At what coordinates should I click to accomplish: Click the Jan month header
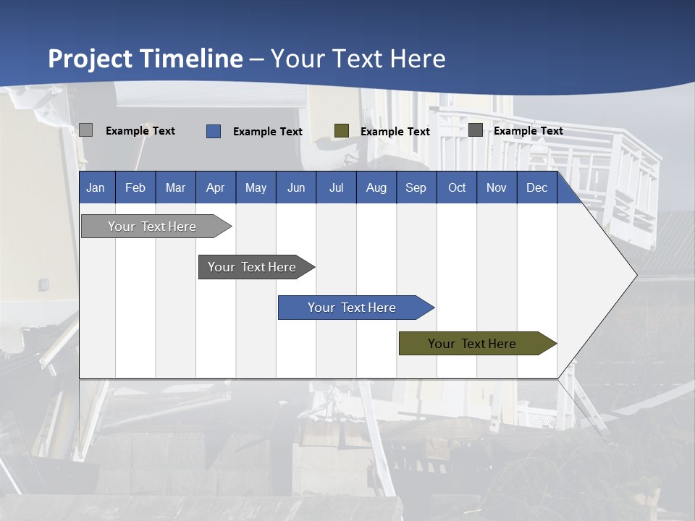click(96, 187)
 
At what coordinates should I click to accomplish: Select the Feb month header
click(135, 187)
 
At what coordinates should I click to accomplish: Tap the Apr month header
click(215, 187)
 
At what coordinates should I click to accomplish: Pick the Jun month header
click(296, 187)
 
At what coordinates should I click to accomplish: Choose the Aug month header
click(376, 187)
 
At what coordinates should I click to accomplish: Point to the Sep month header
click(416, 187)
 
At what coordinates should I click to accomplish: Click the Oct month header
click(457, 187)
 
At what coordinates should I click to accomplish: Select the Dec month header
click(536, 187)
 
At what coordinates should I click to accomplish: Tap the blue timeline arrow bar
click(353, 308)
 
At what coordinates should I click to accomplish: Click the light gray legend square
click(85, 130)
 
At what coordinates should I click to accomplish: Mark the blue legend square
click(214, 131)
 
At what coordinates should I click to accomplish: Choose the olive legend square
click(342, 131)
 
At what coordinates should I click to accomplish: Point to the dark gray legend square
click(476, 130)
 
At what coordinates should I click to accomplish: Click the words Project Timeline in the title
click(146, 59)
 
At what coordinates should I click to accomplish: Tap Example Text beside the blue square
click(268, 132)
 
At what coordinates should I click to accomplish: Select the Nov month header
click(497, 187)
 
